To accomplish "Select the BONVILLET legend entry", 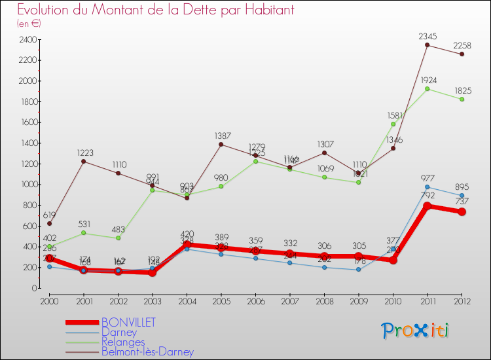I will tap(128, 322).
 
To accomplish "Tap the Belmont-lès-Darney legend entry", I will tap(147, 352).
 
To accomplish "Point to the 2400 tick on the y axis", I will tap(28, 39).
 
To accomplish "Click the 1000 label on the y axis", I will tap(28, 185).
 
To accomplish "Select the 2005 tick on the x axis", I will tap(221, 300).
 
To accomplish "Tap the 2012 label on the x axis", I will tap(462, 300).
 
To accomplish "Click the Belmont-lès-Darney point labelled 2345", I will tap(427, 45).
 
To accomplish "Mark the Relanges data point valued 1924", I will tap(427, 88).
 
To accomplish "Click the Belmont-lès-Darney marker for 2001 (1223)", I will tap(84, 161).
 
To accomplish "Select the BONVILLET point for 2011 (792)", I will tap(427, 206).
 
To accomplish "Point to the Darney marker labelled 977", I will tap(427, 187).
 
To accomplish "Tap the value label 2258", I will tap(462, 45).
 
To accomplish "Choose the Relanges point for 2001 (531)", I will tap(84, 233).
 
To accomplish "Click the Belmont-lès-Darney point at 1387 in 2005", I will tap(221, 144).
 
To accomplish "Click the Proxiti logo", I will tap(416, 331).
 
